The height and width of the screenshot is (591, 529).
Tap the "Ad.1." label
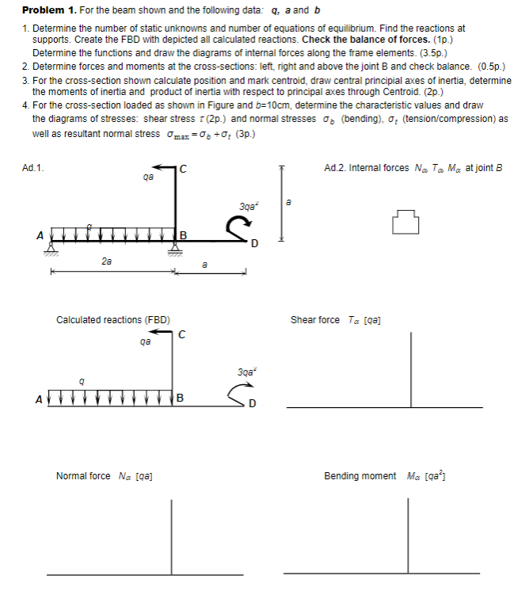point(32,167)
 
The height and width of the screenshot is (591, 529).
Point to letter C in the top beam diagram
point(183,167)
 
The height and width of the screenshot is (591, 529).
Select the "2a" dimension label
point(105,260)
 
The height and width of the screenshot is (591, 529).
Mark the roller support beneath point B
point(173,249)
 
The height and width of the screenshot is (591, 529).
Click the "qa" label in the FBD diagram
point(144,343)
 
